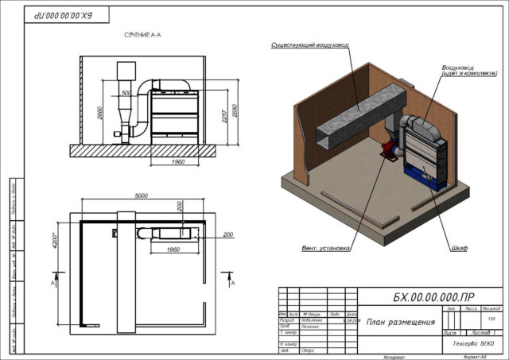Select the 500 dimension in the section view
(127, 92)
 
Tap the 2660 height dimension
(99, 112)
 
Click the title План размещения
(400, 322)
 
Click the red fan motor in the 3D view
(390, 149)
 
